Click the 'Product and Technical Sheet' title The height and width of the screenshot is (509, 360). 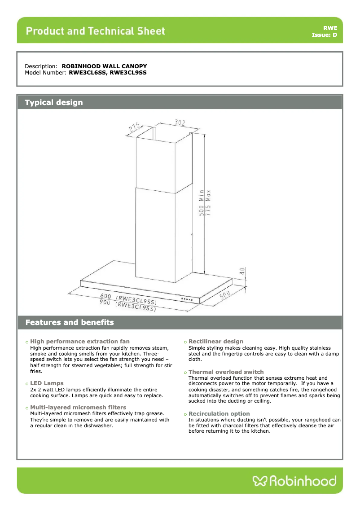click(x=95, y=31)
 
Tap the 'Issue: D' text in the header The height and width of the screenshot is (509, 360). click(x=324, y=35)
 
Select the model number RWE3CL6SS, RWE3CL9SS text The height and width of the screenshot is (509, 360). click(x=108, y=72)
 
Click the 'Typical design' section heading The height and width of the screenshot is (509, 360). click(x=54, y=102)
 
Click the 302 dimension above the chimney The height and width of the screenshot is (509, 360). click(x=167, y=122)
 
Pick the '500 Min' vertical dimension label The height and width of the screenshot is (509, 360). click(x=202, y=205)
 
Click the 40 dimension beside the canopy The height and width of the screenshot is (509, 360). click(x=242, y=271)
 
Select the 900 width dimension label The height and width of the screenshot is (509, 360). click(x=105, y=302)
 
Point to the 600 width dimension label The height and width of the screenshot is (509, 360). click(x=106, y=296)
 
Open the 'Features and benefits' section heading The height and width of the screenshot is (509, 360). click(x=70, y=322)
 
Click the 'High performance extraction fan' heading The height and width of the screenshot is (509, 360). click(x=79, y=342)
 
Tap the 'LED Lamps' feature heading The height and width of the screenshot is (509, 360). click(x=47, y=383)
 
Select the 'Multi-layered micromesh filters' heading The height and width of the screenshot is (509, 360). click(x=78, y=407)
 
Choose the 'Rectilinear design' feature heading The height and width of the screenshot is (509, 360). click(x=216, y=342)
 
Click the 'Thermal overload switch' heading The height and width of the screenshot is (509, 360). click(x=226, y=372)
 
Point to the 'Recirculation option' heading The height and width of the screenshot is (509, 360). click(x=219, y=413)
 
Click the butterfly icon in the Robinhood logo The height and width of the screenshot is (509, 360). click(x=260, y=481)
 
